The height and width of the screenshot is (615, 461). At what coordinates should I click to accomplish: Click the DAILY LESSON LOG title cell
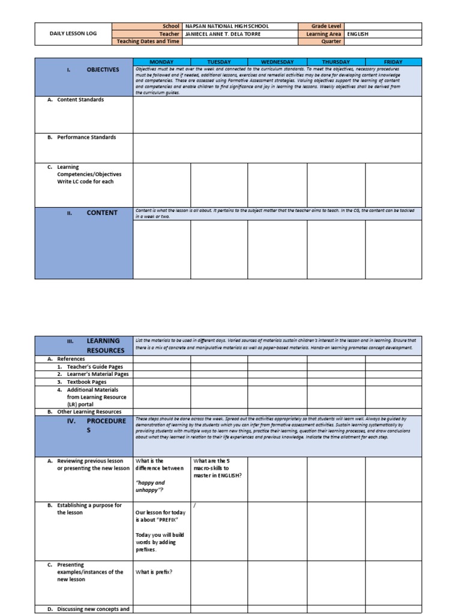73,34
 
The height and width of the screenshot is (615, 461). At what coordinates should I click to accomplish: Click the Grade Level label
326,26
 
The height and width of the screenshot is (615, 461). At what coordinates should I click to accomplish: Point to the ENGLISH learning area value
358,34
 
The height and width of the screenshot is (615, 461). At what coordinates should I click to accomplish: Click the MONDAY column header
161,62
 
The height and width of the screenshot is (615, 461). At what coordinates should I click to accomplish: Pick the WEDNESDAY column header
277,62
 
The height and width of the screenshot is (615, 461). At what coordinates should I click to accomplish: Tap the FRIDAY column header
393,62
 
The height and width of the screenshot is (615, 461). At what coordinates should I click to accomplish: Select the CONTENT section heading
102,213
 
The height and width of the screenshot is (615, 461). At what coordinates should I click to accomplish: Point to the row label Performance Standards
86,138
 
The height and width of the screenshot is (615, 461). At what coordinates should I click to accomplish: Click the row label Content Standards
80,100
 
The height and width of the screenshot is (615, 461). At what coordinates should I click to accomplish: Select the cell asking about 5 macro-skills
218,468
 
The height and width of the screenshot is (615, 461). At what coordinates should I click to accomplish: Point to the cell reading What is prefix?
154,572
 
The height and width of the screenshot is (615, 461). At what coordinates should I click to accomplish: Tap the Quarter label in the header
331,41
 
